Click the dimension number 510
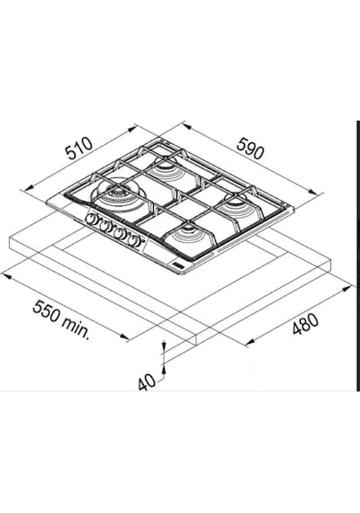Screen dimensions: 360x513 79,148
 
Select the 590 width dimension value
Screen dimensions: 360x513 249,148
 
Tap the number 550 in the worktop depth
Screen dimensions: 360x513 46,312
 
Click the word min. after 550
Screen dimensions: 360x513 76,328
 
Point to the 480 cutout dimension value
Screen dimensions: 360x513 305,324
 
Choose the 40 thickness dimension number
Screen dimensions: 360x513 147,382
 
